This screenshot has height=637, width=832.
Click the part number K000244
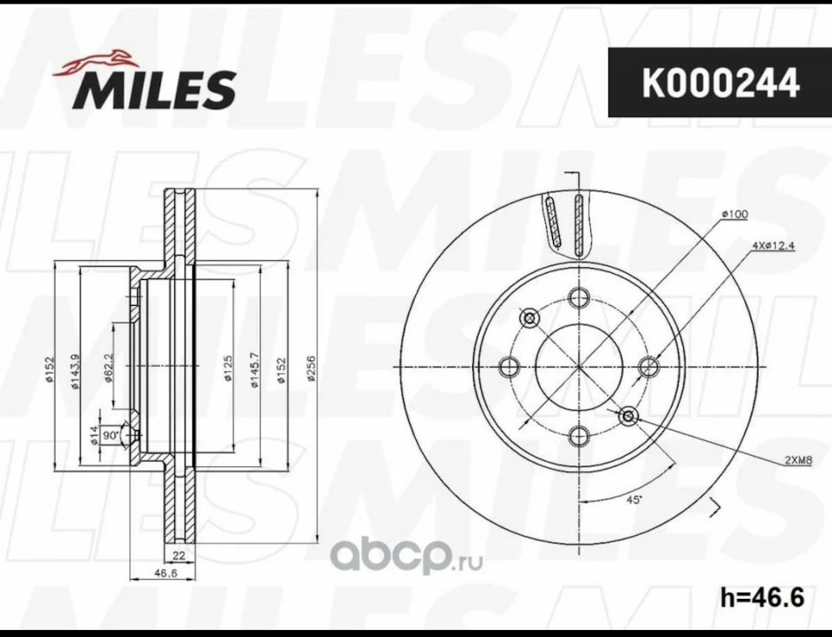(x=719, y=84)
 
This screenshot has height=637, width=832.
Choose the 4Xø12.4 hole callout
(x=773, y=246)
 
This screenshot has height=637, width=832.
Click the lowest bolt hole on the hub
(x=579, y=432)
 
